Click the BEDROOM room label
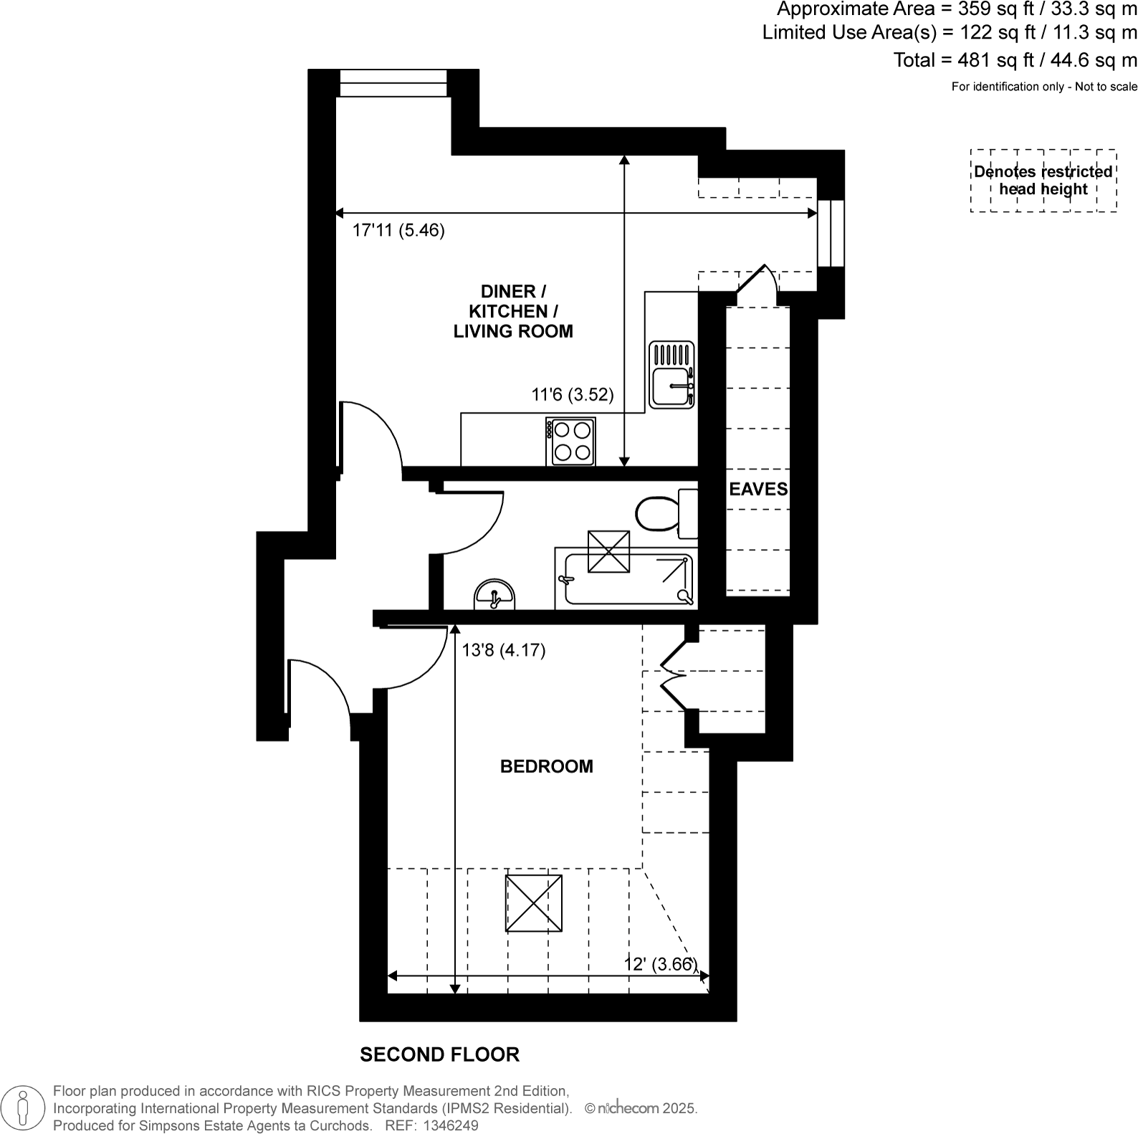[546, 766]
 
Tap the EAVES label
[758, 489]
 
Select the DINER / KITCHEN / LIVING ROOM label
[513, 311]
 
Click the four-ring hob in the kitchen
[571, 442]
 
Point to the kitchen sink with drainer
[671, 375]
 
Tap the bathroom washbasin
[494, 595]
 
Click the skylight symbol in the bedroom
[533, 903]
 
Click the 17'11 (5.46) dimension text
[398, 231]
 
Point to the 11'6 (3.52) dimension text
[572, 395]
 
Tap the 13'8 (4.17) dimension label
[504, 650]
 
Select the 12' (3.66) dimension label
[660, 964]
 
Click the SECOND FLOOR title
[439, 1054]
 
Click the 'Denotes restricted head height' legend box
[1043, 181]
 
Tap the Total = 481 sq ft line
[1015, 60]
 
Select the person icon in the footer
[24, 1107]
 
